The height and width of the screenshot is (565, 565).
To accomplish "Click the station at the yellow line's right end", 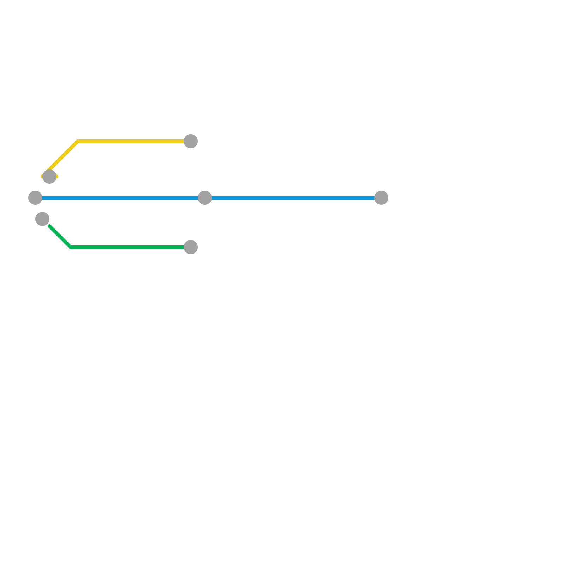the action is click(x=191, y=141).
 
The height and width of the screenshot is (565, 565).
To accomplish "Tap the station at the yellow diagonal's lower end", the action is click(x=49, y=177).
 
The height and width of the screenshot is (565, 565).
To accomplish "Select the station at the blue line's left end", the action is click(x=35, y=198).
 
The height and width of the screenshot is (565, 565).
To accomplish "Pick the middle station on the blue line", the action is click(x=205, y=198).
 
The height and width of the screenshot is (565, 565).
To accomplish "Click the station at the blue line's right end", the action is click(x=381, y=198).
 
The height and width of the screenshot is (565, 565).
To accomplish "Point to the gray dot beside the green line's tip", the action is click(x=42, y=219).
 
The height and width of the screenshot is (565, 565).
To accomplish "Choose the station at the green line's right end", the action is click(x=191, y=247).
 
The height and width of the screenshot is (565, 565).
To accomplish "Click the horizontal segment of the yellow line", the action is click(x=131, y=142).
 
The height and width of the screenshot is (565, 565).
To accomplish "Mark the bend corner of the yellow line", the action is click(x=78, y=142).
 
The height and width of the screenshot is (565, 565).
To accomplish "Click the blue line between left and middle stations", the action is click(x=120, y=198).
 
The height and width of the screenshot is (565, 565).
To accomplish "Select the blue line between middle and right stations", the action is click(x=293, y=198).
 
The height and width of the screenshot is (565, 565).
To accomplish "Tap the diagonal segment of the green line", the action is click(x=60, y=237).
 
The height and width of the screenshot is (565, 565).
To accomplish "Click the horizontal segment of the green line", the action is click(x=127, y=247).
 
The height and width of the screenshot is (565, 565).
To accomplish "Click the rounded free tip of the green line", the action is click(x=50, y=226).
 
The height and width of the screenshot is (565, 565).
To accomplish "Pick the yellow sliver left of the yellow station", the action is click(x=42, y=177).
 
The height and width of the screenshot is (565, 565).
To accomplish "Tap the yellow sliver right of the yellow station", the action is click(x=57, y=177).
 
